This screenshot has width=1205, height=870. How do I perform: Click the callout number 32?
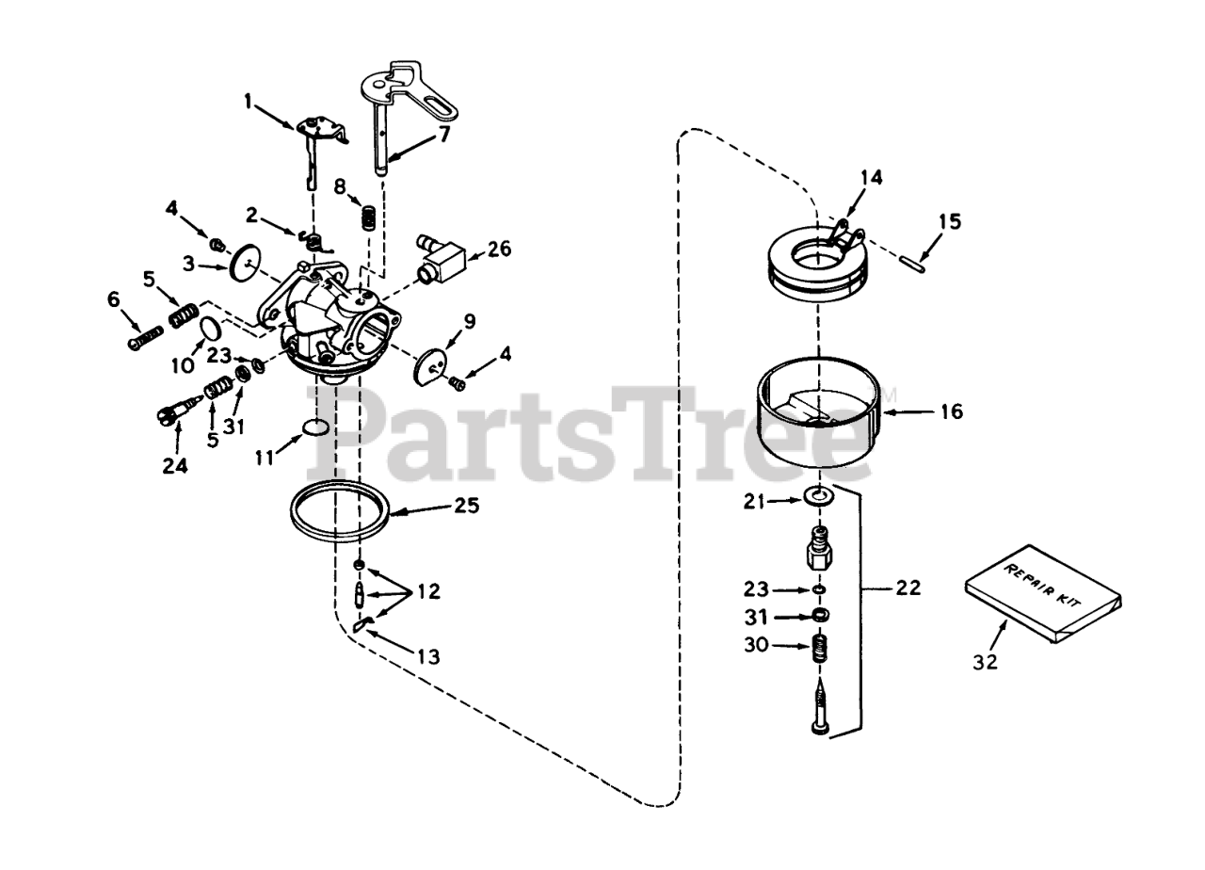click(985, 661)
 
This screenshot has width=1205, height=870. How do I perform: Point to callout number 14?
click(873, 175)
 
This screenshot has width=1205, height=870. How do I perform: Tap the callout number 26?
click(500, 250)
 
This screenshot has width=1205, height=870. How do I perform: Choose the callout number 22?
click(908, 588)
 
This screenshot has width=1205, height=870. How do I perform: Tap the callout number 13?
click(427, 656)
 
